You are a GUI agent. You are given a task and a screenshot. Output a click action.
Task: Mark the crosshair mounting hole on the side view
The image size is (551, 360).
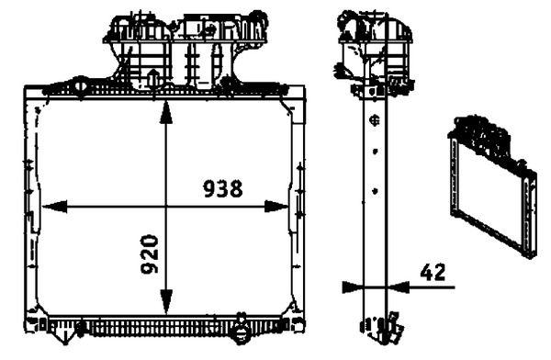tap(374, 119)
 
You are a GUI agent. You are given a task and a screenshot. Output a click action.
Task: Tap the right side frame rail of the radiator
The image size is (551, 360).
tap(297, 207)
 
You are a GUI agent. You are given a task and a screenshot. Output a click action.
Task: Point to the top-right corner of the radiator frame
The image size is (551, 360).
tap(303, 90)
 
